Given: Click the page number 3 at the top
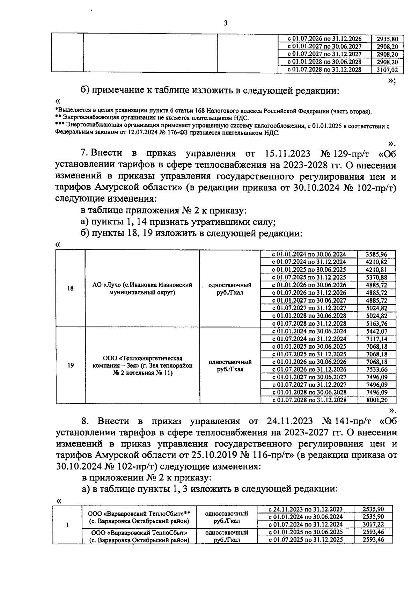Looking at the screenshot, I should coord(225,23).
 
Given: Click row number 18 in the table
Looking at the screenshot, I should coord(70,289).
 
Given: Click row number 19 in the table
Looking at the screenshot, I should coord(71,365).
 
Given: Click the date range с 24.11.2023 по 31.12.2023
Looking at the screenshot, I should coord(306,509).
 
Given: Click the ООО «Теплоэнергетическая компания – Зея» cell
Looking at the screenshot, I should coord(142,365).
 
